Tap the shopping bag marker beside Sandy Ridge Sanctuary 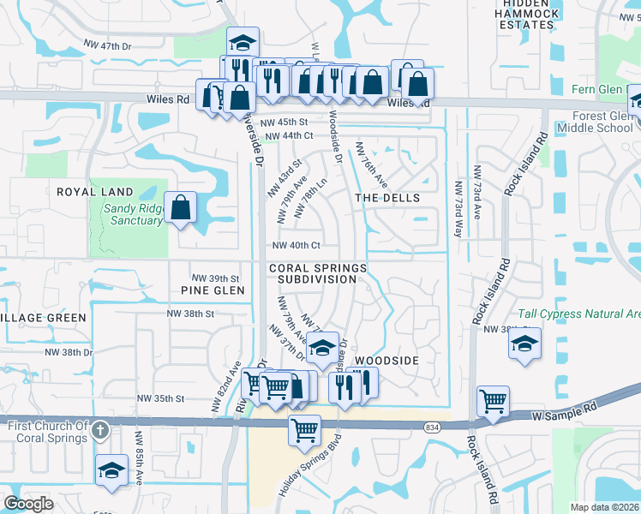tap(181, 207)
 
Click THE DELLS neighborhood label tap(387, 198)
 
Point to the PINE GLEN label tap(213, 290)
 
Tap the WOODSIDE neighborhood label tap(386, 361)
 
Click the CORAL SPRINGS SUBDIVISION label tap(317, 273)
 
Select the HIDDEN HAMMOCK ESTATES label tap(525, 17)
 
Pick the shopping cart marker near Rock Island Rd tap(494, 401)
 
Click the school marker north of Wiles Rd tap(243, 43)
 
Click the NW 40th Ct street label tap(296, 245)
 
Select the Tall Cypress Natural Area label tap(579, 314)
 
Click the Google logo tap(29, 504)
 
